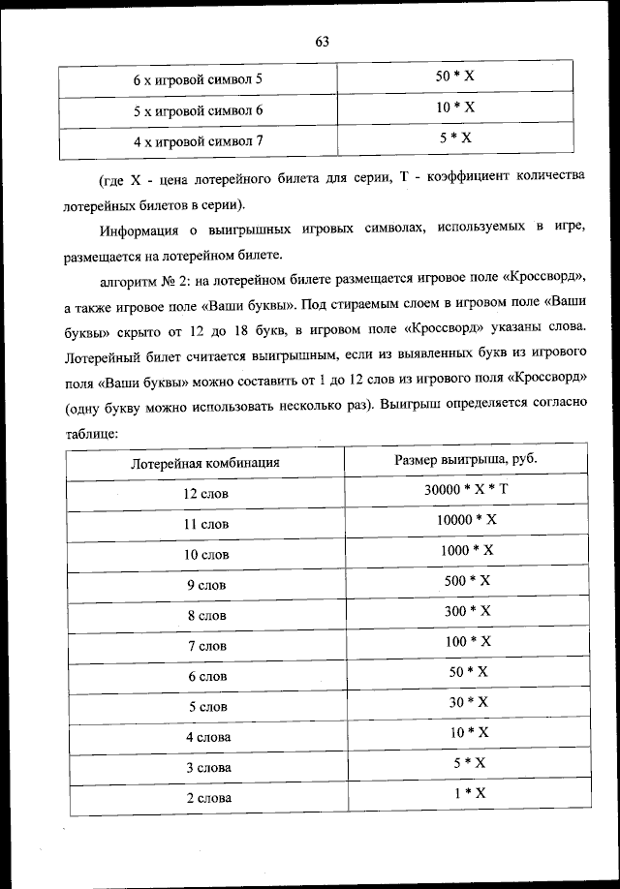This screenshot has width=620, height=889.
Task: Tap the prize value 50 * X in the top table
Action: [x=454, y=76]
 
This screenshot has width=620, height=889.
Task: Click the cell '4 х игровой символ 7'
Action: [x=198, y=141]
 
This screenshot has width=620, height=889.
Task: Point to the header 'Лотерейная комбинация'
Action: [x=205, y=462]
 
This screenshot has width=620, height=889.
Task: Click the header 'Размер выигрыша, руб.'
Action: [x=466, y=458]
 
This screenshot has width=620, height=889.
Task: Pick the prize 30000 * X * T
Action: [x=466, y=489]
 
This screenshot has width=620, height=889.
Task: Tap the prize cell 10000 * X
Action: [x=466, y=519]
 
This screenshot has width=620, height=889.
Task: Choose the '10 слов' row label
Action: [x=206, y=554]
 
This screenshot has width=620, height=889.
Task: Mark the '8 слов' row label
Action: [x=206, y=615]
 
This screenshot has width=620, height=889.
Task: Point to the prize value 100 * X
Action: [x=468, y=641]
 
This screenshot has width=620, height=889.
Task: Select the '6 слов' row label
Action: [x=206, y=676]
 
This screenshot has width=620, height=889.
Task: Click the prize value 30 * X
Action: [x=468, y=702]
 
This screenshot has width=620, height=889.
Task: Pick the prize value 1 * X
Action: [x=468, y=793]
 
